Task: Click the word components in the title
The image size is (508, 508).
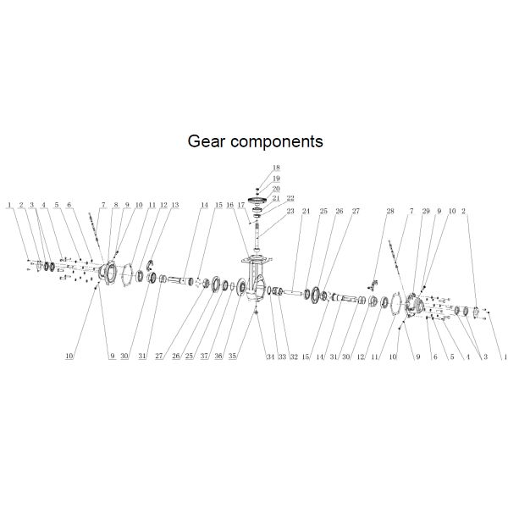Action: click(x=277, y=142)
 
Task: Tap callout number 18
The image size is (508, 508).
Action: click(x=276, y=168)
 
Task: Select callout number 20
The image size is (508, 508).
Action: click(x=276, y=189)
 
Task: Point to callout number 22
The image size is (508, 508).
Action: click(x=290, y=198)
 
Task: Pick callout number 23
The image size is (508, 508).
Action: click(x=290, y=211)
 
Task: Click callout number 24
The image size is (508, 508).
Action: click(x=306, y=211)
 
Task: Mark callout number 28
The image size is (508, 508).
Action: click(x=390, y=211)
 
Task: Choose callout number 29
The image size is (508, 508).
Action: click(x=426, y=211)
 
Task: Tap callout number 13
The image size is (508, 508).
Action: click(x=175, y=205)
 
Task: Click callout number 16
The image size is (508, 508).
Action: click(x=229, y=205)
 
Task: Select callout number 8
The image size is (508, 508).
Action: click(x=116, y=205)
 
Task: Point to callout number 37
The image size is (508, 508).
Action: click(x=204, y=356)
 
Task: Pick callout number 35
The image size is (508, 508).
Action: click(x=232, y=356)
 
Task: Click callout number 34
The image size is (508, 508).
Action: click(x=271, y=356)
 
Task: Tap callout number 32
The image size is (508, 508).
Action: click(x=294, y=356)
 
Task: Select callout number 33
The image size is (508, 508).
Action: click(x=282, y=356)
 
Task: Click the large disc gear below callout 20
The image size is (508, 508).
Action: click(x=257, y=200)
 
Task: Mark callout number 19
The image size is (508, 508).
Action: click(x=276, y=178)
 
